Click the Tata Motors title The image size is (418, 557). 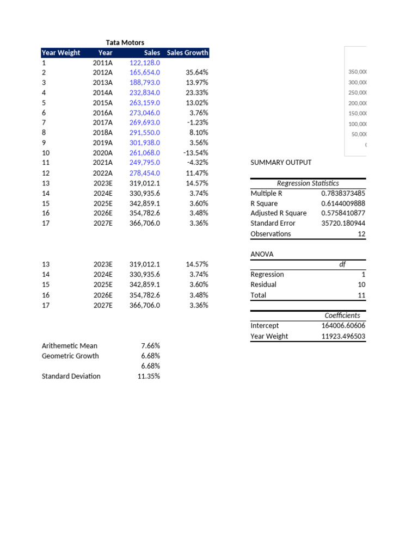[x=125, y=42]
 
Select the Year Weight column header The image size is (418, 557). [x=60, y=53]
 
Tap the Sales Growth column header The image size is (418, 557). [x=187, y=53]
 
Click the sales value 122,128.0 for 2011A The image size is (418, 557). [x=145, y=63]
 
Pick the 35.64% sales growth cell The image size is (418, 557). [x=197, y=72]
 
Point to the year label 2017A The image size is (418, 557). [x=103, y=123]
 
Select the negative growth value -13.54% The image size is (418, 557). [x=196, y=153]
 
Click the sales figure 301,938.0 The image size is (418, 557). [x=145, y=143]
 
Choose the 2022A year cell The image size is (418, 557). [x=103, y=173]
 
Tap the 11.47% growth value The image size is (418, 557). [x=197, y=173]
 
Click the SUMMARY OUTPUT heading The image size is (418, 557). [x=281, y=163]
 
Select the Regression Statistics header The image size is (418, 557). [x=308, y=183]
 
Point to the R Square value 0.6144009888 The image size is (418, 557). [x=343, y=203]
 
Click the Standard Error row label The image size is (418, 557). [x=273, y=223]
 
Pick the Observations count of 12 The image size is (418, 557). [x=361, y=234]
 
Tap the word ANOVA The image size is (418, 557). [x=262, y=254]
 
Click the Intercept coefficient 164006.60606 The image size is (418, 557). [x=343, y=326]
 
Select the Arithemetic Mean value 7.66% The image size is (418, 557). [x=150, y=346]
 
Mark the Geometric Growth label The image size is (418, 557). [x=70, y=356]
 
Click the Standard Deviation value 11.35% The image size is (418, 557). [x=149, y=376]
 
